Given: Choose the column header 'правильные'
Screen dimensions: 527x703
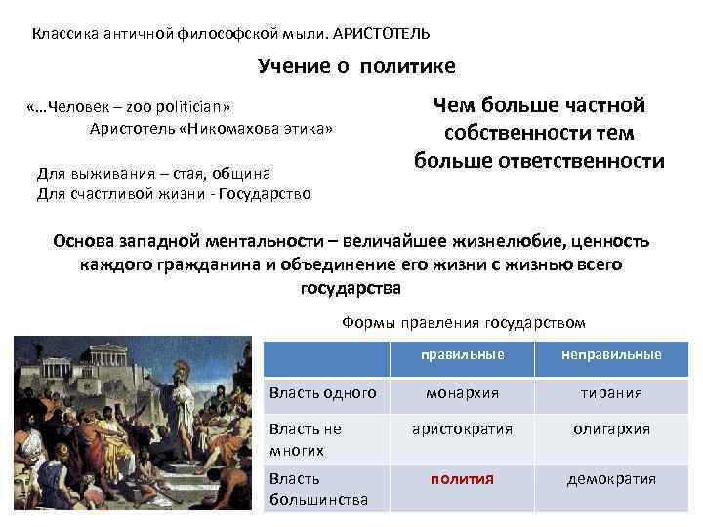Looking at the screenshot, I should [x=462, y=354].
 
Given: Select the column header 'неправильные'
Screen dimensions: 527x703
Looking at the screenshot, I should [x=611, y=354].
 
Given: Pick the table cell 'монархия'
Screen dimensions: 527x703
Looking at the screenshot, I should [x=462, y=392].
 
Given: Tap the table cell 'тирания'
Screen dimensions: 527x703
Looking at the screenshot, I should [x=611, y=392].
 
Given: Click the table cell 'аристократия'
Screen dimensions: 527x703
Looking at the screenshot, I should [x=462, y=429].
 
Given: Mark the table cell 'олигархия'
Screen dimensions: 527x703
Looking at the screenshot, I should [x=611, y=429].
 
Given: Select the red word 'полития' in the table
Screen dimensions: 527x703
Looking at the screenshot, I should [x=462, y=479].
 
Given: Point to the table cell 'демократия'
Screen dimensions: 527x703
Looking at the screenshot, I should [x=611, y=479].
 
